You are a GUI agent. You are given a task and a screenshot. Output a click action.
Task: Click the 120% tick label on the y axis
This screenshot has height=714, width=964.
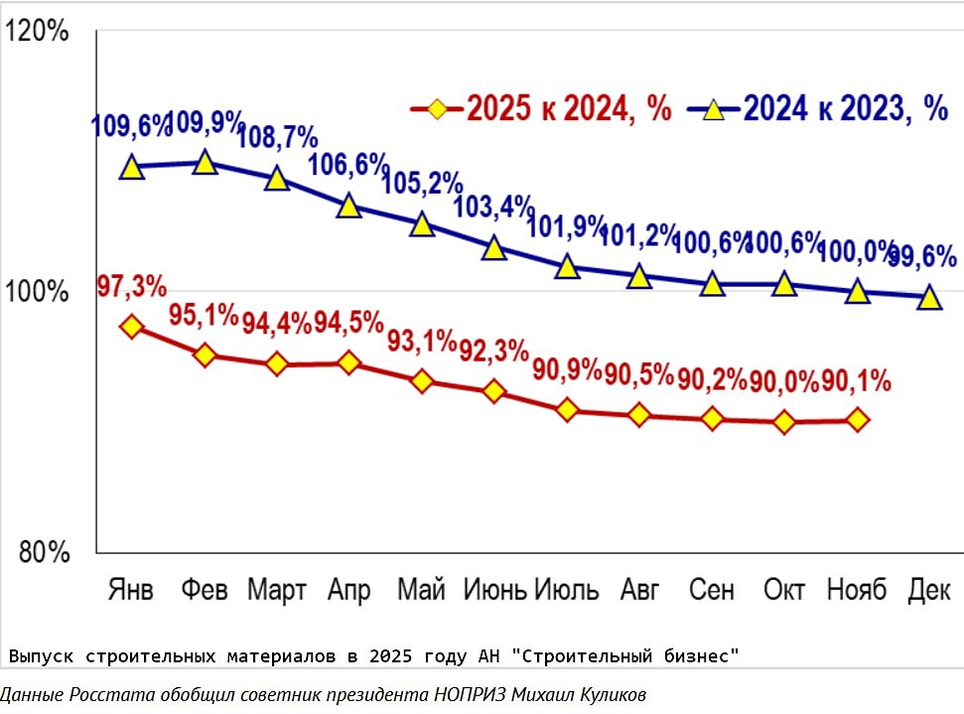click(x=37, y=32)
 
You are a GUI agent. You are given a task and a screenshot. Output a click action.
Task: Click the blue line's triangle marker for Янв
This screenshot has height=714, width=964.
click(x=132, y=167)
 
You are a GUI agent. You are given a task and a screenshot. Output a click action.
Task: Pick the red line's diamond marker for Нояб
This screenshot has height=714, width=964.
click(x=858, y=420)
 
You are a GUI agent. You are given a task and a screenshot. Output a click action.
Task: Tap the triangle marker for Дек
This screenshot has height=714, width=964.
click(x=929, y=297)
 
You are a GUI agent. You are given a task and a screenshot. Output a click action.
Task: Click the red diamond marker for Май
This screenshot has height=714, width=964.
click(x=422, y=381)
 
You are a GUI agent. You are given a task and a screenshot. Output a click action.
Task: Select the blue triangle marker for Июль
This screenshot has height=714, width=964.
click(x=567, y=267)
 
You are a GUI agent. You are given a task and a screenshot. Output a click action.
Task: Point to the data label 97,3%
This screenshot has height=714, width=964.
click(x=131, y=287)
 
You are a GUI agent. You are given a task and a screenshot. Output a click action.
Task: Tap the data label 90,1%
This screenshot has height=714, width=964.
click(x=857, y=381)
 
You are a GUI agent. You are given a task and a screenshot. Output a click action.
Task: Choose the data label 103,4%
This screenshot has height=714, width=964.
click(x=493, y=208)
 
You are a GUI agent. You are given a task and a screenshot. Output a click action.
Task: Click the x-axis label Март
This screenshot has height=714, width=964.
click(x=277, y=589)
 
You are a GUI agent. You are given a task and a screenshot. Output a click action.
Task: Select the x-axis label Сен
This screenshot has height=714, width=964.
click(x=712, y=589)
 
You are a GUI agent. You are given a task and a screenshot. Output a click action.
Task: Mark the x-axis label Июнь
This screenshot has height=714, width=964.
click(x=495, y=589)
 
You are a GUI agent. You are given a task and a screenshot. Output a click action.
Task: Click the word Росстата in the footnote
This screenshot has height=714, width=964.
click(x=112, y=694)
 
